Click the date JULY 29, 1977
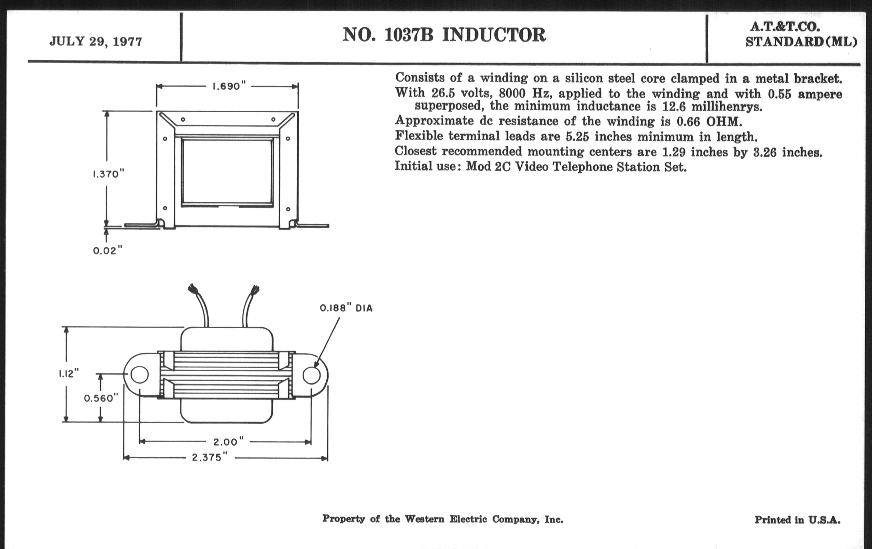pyautogui.click(x=96, y=42)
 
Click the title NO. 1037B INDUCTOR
pyautogui.click(x=444, y=35)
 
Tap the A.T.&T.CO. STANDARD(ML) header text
pyautogui.click(x=801, y=35)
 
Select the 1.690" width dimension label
pyautogui.click(x=229, y=86)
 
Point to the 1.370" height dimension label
pyautogui.click(x=108, y=174)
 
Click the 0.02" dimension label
pyautogui.click(x=108, y=251)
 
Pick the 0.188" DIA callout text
pyautogui.click(x=346, y=308)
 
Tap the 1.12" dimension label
pyautogui.click(x=69, y=374)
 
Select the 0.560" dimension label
pyautogui.click(x=101, y=398)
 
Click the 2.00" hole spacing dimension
pyautogui.click(x=228, y=442)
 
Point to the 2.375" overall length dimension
pyautogui.click(x=212, y=458)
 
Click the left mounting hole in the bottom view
pyautogui.click(x=139, y=374)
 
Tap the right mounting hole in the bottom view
pyautogui.click(x=312, y=375)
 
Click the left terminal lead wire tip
pyautogui.click(x=191, y=289)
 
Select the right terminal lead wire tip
pyautogui.click(x=256, y=290)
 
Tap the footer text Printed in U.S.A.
pyautogui.click(x=797, y=520)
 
